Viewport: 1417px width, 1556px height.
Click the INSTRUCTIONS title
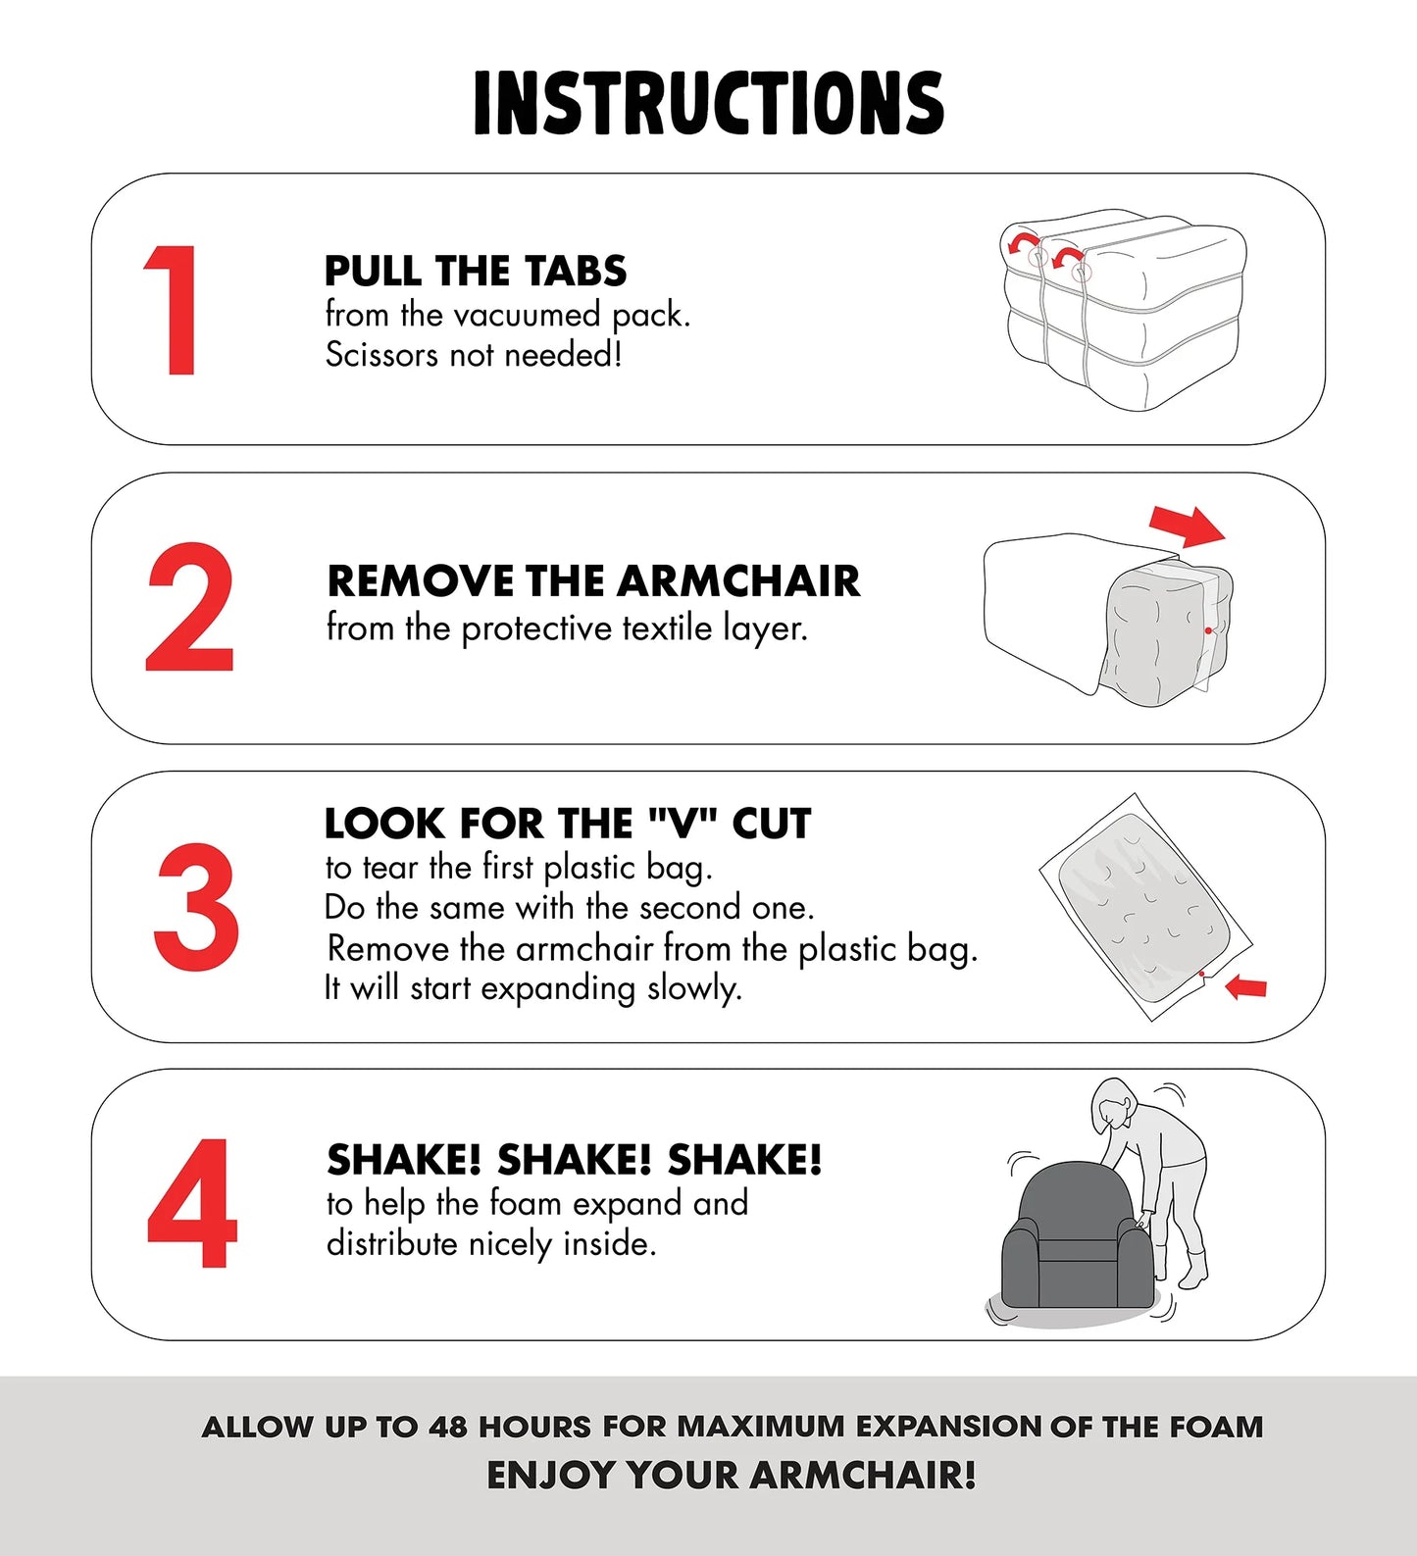point(708,103)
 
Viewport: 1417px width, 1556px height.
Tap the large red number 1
point(175,310)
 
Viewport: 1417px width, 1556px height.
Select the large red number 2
point(189,606)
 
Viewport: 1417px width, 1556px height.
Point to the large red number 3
point(196,906)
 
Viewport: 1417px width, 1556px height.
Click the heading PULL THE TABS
point(476,271)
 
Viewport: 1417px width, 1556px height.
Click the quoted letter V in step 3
point(683,824)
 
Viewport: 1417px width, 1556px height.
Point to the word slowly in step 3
point(694,988)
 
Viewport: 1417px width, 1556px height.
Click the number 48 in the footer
point(448,1427)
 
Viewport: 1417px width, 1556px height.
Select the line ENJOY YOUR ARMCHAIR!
point(732,1475)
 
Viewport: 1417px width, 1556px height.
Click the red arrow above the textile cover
point(1188,526)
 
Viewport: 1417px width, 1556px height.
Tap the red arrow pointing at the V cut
point(1246,986)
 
